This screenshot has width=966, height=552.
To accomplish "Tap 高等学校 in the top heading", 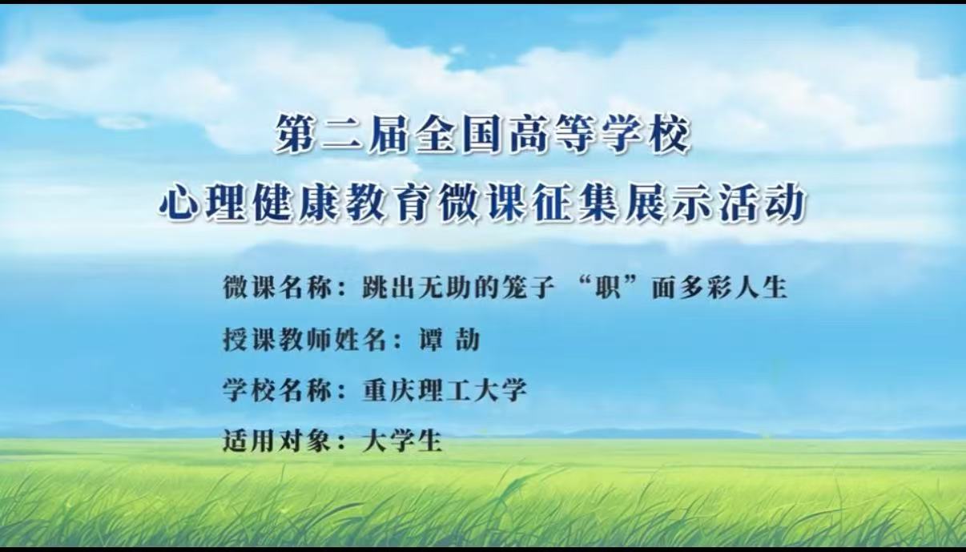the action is coord(600,135).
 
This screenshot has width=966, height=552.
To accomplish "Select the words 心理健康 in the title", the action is coord(251,203).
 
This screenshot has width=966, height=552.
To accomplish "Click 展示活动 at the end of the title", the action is coord(714,203).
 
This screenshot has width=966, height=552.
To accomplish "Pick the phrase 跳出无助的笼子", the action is coord(457,287).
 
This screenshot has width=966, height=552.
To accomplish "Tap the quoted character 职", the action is coord(607,287).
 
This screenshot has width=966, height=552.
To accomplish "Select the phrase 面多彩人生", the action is coord(719,287).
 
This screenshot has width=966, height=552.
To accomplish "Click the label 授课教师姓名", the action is coord(304,340).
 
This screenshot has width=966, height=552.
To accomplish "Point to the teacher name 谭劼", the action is coord(449,340).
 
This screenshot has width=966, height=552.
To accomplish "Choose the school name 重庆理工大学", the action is coord(445,390).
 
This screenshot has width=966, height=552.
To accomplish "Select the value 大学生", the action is coord(402,441).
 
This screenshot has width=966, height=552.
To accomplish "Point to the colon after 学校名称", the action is coord(341,393).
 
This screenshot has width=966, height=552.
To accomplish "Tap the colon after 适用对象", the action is coord(341,443).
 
